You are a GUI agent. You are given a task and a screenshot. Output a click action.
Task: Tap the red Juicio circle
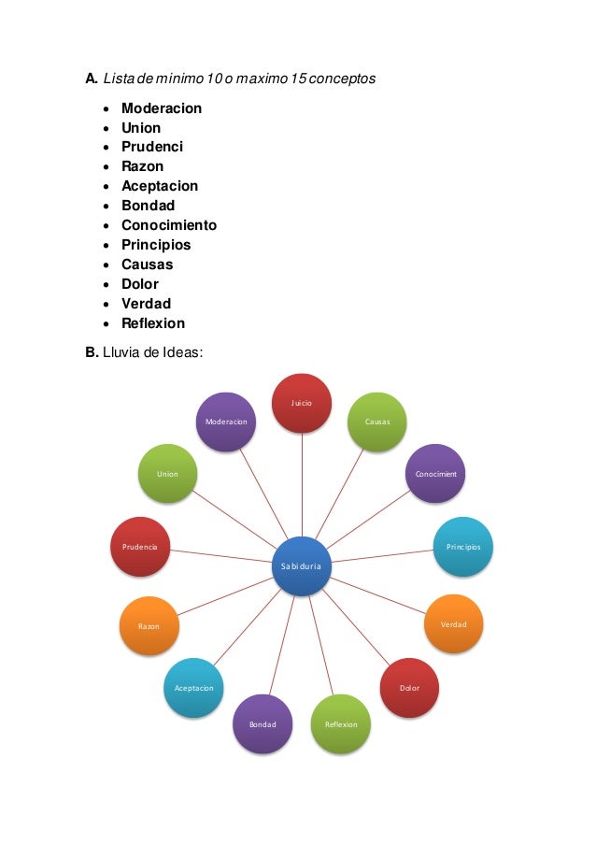pyautogui.click(x=302, y=403)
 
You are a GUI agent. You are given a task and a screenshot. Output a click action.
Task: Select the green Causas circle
pyautogui.click(x=376, y=422)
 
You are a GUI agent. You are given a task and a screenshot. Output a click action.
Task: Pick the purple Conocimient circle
pyautogui.click(x=436, y=474)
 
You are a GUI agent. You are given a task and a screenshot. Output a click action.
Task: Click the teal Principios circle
pyautogui.click(x=462, y=546)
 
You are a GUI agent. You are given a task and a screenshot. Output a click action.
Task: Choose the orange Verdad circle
pyautogui.click(x=454, y=623)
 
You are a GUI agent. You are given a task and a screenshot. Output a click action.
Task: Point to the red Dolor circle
pyautogui.click(x=410, y=688)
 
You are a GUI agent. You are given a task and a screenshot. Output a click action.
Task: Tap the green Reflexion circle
pyautogui.click(x=340, y=724)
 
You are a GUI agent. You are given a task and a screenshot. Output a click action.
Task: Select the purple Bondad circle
pyautogui.click(x=263, y=724)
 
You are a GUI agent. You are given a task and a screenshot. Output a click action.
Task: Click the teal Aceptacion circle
pyautogui.click(x=193, y=688)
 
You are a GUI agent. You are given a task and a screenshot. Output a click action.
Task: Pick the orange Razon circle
pyautogui.click(x=149, y=625)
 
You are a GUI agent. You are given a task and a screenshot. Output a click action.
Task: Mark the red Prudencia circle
pyautogui.click(x=140, y=546)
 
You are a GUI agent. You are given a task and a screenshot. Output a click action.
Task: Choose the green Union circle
pyautogui.click(x=167, y=474)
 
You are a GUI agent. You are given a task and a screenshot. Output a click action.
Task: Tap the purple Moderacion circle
pyautogui.click(x=226, y=422)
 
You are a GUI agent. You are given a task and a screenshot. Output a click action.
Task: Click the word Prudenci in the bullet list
pyautogui.click(x=152, y=147)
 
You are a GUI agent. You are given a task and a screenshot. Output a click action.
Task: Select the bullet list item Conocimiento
pyautogui.click(x=169, y=225)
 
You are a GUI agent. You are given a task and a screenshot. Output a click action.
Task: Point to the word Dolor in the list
pyautogui.click(x=140, y=284)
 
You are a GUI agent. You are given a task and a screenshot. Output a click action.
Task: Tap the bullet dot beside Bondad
pyautogui.click(x=108, y=206)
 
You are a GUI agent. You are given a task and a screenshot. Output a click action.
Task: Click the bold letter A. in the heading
pyautogui.click(x=92, y=79)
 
